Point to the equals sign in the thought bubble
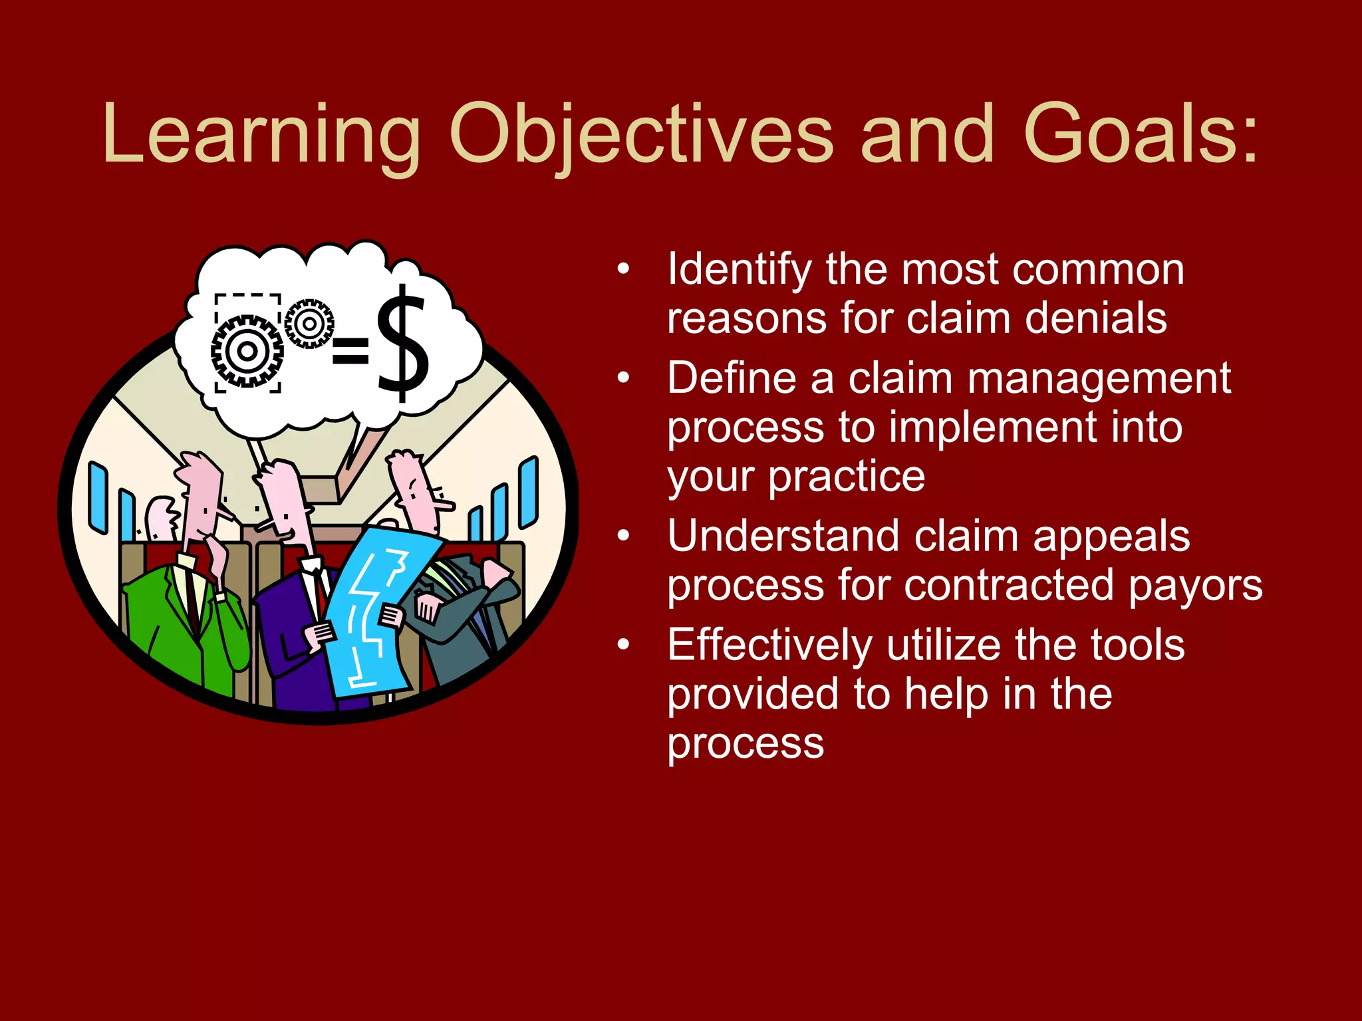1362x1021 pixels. tap(350, 351)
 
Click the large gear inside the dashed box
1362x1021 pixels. tap(247, 351)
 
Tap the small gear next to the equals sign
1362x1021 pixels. tap(309, 324)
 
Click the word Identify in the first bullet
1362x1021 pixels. tap(739, 270)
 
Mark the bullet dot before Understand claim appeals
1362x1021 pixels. tap(623, 536)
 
